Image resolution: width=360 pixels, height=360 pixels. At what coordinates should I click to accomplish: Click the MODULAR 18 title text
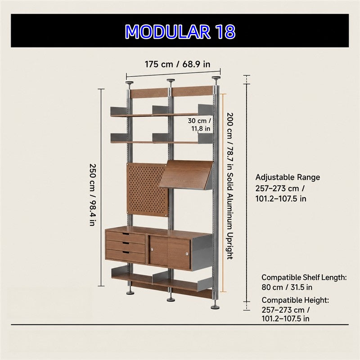click(180, 31)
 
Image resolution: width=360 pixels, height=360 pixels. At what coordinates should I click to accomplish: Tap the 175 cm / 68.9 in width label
click(177, 64)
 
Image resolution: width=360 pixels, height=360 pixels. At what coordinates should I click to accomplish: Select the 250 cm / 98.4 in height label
click(92, 195)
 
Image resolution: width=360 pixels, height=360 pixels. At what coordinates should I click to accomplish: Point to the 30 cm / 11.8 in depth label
click(199, 125)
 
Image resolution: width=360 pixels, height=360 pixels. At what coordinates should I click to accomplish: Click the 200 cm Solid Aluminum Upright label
click(230, 186)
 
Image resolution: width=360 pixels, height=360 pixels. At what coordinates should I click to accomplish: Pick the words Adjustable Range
click(288, 177)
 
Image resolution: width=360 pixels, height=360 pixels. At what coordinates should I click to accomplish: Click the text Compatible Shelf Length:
click(304, 277)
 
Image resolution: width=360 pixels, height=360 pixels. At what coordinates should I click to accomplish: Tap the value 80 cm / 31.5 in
click(287, 287)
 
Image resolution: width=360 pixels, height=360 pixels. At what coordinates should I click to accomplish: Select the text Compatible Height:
click(295, 300)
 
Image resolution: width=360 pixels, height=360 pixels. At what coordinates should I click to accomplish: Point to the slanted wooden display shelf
click(186, 175)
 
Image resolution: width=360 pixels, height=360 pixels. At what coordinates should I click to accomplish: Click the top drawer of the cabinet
click(126, 238)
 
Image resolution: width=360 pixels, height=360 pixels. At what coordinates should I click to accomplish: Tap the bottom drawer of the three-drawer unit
click(126, 256)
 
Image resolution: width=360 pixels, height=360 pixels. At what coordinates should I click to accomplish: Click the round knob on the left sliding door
click(152, 249)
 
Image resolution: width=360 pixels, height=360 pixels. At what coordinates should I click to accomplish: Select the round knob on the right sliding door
click(187, 254)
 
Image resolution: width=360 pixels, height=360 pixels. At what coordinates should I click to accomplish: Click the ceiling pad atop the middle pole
click(171, 81)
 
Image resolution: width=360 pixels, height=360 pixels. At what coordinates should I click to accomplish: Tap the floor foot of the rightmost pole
click(215, 307)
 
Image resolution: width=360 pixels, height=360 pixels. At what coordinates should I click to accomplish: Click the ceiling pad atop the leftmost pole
click(130, 83)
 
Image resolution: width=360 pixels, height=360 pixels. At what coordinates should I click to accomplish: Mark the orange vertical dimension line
click(223, 193)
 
